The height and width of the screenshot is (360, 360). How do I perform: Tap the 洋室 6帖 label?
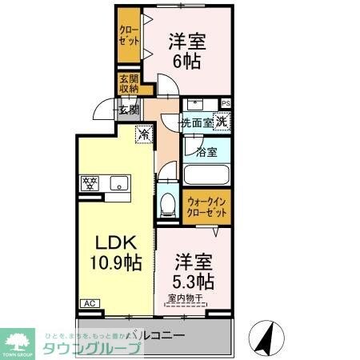185,50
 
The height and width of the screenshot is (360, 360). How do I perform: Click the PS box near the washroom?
226,103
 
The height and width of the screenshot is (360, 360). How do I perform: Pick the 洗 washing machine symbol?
220,122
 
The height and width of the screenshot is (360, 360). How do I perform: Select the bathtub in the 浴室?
206,176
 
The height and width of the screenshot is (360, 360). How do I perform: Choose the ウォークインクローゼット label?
206,210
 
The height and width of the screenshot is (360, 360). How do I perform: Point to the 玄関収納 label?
130,85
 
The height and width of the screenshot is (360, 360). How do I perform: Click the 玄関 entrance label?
129,109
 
